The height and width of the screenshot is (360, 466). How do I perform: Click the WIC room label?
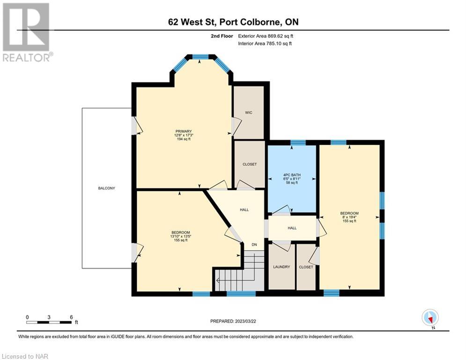tap(249, 112)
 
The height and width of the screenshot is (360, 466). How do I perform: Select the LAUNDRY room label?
tap(281, 267)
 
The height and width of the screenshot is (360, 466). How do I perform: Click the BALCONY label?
tap(106, 188)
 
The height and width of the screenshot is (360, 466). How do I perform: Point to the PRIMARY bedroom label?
tap(184, 131)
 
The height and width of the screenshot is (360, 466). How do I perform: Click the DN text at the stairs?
tap(254, 245)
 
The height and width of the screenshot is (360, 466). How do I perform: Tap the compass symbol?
tap(429, 317)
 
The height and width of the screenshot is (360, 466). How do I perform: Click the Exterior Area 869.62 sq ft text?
tap(266, 36)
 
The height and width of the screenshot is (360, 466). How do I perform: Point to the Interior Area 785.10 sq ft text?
tap(266, 43)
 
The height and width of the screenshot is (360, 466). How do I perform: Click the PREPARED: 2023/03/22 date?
tap(233, 321)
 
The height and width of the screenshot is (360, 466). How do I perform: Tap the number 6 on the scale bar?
tap(71, 317)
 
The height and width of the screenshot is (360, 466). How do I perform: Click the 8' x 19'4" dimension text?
tap(349, 217)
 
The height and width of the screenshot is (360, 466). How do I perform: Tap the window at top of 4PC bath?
tap(298, 142)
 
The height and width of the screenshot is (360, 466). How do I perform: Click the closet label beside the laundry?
tap(306, 267)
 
